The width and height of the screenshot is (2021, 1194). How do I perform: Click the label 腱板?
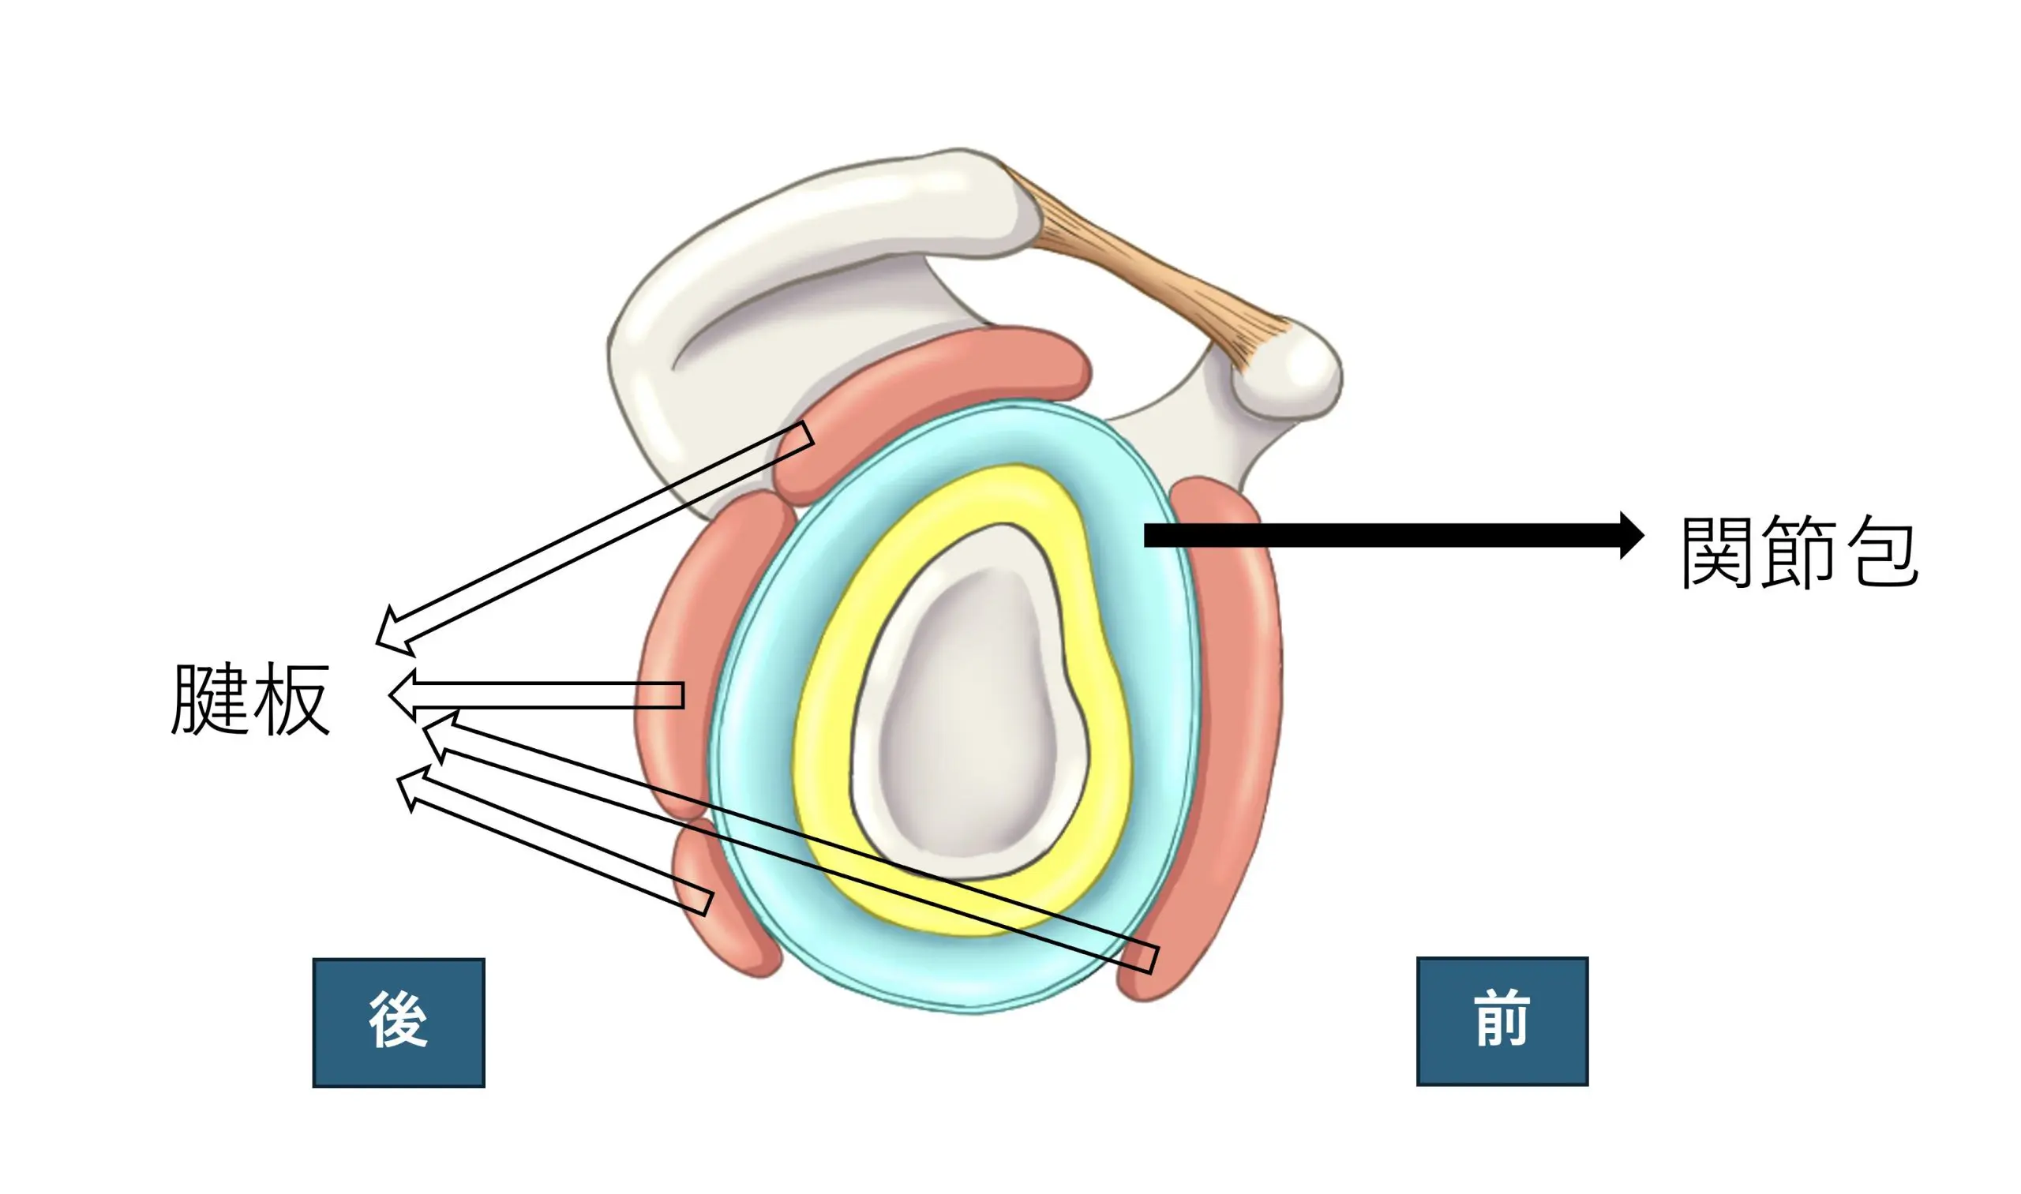250,699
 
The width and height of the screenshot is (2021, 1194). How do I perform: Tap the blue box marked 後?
399,1023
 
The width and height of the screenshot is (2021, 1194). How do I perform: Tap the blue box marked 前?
1502,1021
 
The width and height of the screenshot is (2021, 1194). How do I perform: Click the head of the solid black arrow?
1631,535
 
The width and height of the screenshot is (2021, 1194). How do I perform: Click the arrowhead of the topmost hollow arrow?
391,631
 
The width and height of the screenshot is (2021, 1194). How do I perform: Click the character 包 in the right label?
1884,554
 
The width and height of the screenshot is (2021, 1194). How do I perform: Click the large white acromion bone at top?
805,265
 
